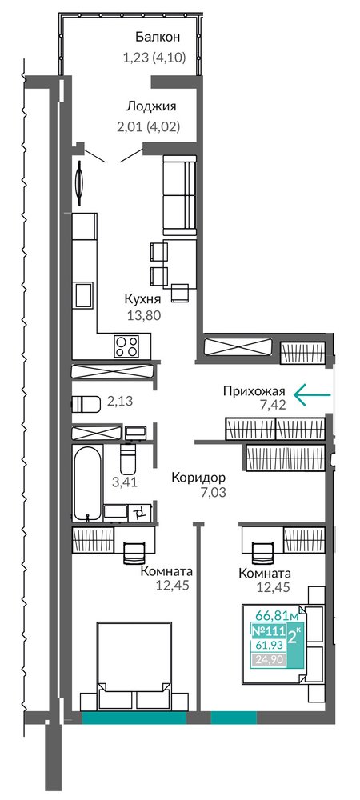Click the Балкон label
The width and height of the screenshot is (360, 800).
(x=158, y=37)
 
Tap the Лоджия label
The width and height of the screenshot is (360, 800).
(x=151, y=106)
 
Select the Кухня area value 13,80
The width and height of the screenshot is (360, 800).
(x=143, y=314)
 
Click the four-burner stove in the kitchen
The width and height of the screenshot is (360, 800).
(x=126, y=346)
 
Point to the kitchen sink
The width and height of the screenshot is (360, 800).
(x=83, y=295)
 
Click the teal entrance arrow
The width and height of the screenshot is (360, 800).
(x=312, y=394)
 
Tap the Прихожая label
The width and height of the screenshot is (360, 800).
(x=253, y=392)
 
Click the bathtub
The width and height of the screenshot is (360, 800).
(x=88, y=483)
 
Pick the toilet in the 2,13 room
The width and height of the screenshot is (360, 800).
(x=86, y=403)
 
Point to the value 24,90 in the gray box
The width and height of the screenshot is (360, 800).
(x=269, y=660)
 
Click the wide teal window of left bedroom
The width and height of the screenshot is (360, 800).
(x=134, y=718)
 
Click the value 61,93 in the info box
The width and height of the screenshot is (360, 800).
(x=269, y=646)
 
